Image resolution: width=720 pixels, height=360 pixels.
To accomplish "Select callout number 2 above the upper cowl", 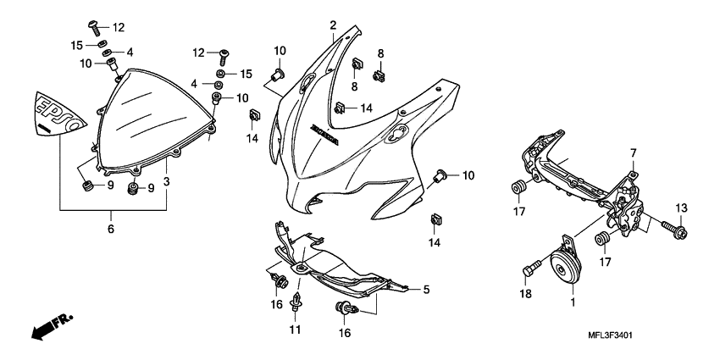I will (333, 25).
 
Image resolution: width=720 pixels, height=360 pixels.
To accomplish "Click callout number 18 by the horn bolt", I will (524, 292).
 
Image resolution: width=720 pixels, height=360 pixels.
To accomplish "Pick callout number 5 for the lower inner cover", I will (426, 290).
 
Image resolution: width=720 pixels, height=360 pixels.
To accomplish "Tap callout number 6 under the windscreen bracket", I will (110, 229).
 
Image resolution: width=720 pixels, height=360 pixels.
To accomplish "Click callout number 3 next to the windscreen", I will (167, 181).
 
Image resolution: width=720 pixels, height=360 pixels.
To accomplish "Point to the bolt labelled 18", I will (530, 270).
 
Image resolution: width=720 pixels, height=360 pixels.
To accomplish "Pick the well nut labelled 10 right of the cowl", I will (438, 176).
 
